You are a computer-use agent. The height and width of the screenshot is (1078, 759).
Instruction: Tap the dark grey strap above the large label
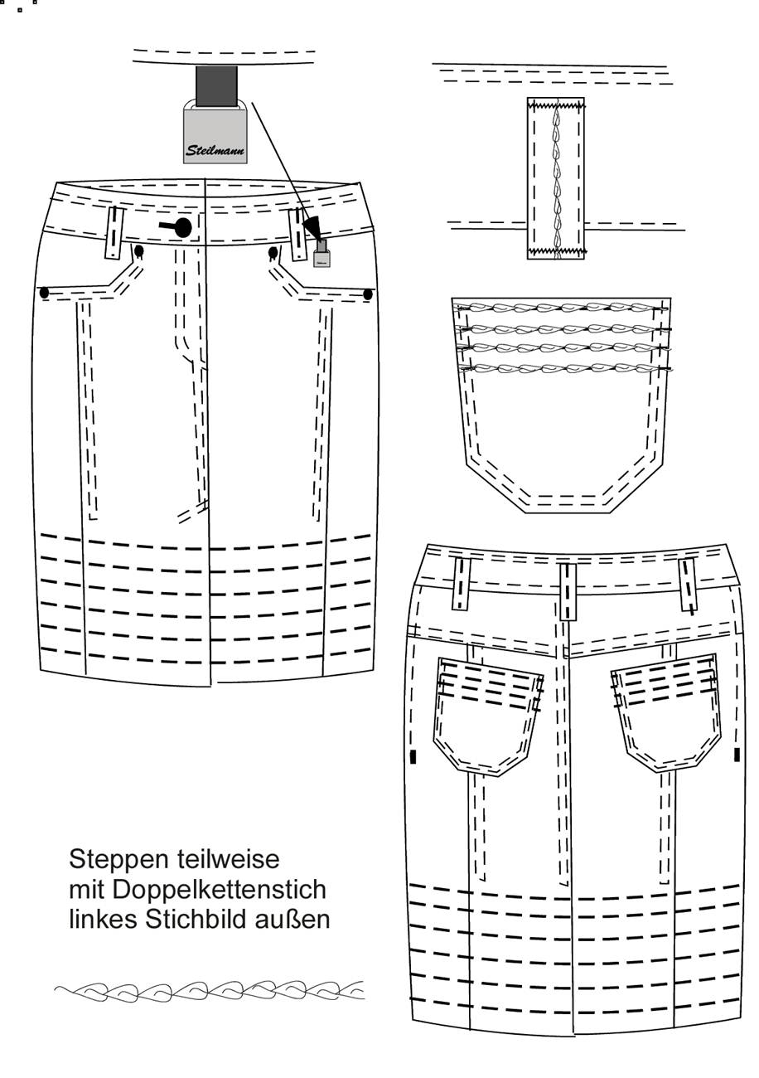pyautogui.click(x=216, y=86)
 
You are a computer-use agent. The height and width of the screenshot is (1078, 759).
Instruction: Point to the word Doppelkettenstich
pyautogui.click(x=220, y=889)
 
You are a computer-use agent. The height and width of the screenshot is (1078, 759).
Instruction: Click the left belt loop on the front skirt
pyautogui.click(x=114, y=233)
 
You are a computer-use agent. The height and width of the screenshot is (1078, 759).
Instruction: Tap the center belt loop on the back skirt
pyautogui.click(x=568, y=592)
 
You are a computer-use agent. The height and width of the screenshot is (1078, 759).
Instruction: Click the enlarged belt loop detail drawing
pyautogui.click(x=555, y=178)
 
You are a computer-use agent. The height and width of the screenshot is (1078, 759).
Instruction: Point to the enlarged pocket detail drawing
pyautogui.click(x=561, y=405)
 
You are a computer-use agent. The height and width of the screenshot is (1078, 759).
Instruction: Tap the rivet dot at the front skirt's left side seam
pyautogui.click(x=44, y=292)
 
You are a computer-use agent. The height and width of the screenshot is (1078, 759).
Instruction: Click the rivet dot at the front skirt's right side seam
pyautogui.click(x=369, y=294)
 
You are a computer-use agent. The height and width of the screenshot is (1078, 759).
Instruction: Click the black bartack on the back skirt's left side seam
pyautogui.click(x=413, y=756)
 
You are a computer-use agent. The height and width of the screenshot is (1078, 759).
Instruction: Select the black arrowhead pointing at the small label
pyautogui.click(x=312, y=227)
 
